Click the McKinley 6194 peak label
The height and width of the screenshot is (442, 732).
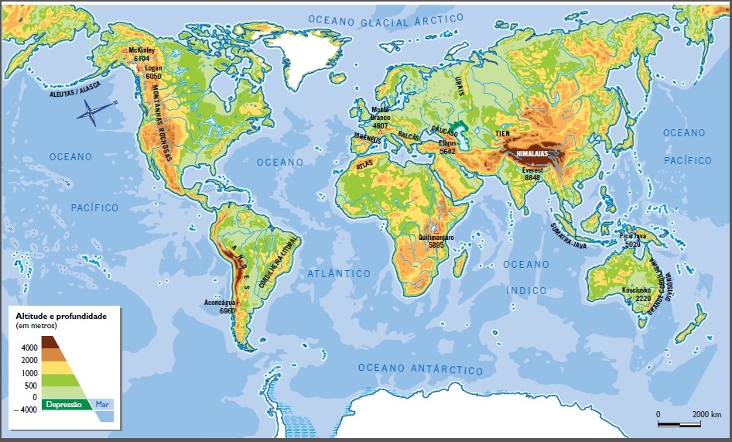[142, 54]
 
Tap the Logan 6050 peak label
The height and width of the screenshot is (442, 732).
[153, 72]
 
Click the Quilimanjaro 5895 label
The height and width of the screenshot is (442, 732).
[436, 240]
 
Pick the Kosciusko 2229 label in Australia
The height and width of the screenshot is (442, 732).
[637, 293]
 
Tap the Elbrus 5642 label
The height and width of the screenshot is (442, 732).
[447, 147]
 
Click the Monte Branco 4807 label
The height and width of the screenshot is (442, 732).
[379, 117]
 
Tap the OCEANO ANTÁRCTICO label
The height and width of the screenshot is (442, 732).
[420, 368]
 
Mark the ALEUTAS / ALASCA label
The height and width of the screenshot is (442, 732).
[55, 91]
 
